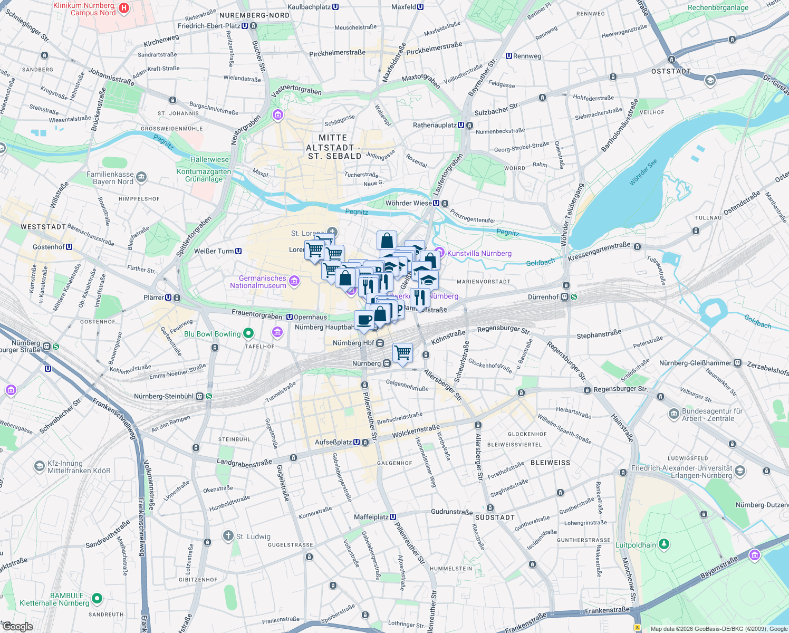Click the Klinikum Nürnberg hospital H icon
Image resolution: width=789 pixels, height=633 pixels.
[x=123, y=8]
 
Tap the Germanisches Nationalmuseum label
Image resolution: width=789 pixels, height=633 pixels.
[x=258, y=282]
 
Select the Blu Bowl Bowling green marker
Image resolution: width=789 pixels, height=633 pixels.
[x=248, y=333]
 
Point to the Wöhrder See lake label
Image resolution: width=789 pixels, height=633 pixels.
[x=643, y=172]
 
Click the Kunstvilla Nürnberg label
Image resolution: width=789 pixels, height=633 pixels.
[x=479, y=253]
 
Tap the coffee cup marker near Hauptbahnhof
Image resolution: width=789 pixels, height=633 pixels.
[x=364, y=320]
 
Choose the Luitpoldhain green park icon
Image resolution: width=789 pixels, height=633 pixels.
[x=664, y=543]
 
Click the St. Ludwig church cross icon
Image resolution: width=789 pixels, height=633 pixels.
[x=228, y=536]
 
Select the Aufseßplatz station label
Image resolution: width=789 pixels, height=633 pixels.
[x=333, y=442]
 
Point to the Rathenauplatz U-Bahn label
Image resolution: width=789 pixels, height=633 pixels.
[x=435, y=125]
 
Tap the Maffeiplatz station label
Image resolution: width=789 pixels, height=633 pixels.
[x=371, y=517]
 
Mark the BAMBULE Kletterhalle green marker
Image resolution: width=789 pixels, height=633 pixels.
[x=97, y=598]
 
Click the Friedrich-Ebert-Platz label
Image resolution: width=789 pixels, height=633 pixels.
[x=209, y=26]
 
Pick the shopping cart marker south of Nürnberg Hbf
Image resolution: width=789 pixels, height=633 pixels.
[x=402, y=352]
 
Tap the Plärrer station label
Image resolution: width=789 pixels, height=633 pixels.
[x=153, y=298]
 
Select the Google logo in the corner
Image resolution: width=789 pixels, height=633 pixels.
[x=17, y=627]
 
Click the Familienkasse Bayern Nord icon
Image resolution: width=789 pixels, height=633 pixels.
[x=141, y=177]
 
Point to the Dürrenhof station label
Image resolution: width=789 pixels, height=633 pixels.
[x=543, y=297]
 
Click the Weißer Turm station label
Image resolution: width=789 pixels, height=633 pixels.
[x=214, y=251]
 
